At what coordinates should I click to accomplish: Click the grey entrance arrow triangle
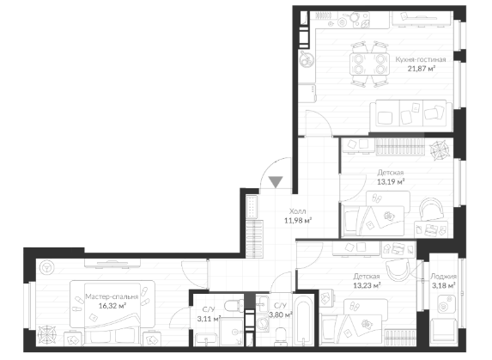pos(276,181)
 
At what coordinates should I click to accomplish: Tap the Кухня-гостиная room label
pos(421,59)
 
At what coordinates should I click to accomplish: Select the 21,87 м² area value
pos(421,69)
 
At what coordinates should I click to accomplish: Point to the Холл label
pos(297,211)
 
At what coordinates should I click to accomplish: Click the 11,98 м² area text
pos(298,220)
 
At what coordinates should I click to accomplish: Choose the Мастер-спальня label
pos(112,296)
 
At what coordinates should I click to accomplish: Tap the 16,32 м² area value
pos(112,306)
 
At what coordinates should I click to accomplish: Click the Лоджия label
pos(443,277)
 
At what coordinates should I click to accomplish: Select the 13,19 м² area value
pos(391,182)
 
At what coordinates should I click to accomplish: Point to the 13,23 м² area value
pos(367,285)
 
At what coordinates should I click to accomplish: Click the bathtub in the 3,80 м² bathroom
pos(303,320)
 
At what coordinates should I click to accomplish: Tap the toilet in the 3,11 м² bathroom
pos(234,304)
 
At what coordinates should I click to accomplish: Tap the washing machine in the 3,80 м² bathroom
pos(263,323)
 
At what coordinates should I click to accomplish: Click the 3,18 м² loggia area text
pos(444,285)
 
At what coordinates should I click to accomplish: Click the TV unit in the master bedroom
pos(112,263)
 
